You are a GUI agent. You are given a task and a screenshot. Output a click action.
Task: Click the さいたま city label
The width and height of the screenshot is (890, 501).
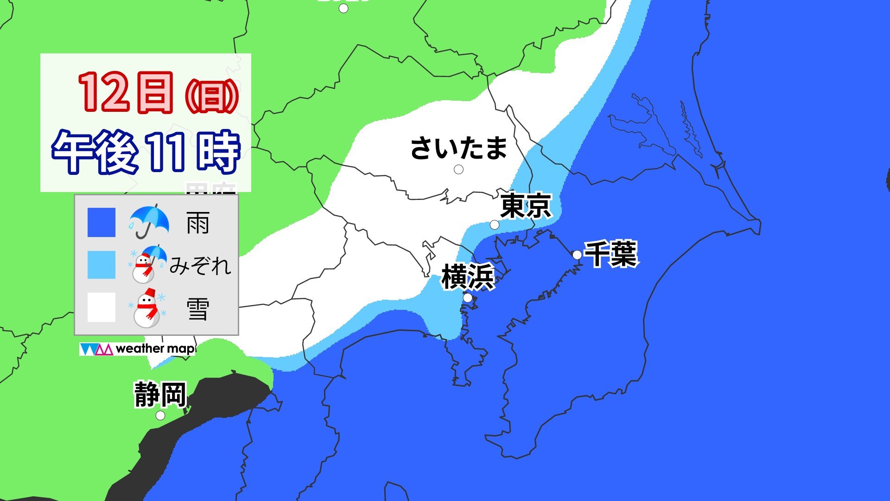459,148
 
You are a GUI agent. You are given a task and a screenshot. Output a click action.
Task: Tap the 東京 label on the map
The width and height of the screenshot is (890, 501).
526,206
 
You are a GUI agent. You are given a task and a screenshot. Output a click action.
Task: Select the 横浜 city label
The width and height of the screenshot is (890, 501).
468,277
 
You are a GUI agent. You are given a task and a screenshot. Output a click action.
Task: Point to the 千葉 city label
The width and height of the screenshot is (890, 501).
610,254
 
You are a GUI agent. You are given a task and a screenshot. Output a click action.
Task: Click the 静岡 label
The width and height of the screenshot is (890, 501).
160,395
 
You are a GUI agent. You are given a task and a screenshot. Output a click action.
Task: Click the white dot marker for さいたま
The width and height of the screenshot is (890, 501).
458,170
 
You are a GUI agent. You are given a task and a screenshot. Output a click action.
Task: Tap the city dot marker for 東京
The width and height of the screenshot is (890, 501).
495,225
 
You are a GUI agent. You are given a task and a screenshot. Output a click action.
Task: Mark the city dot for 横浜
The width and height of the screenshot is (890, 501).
468,297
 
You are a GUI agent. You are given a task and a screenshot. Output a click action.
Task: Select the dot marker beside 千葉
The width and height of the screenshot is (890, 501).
577,255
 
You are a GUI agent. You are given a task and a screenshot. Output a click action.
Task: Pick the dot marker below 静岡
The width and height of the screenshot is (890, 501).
160,416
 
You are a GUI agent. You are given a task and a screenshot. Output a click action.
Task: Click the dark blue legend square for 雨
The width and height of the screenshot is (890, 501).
102,223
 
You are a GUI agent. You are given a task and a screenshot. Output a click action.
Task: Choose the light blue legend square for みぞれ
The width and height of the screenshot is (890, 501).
102,265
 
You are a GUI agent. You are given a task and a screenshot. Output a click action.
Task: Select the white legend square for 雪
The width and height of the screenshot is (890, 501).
102,307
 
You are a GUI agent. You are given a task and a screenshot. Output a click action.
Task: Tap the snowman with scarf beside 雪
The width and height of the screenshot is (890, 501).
147,308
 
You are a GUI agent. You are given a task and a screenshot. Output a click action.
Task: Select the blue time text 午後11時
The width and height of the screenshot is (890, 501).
146,152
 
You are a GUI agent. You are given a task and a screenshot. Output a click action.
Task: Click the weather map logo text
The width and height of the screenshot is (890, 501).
154,349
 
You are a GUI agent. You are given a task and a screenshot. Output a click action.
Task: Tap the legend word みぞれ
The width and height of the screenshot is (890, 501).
200,266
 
